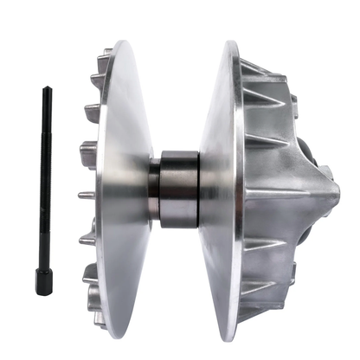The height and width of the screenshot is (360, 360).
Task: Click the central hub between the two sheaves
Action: (180, 189)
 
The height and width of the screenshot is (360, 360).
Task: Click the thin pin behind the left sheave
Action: (84, 196)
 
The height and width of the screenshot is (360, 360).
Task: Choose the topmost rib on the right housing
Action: (260, 65)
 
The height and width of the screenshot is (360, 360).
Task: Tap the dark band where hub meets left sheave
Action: (154, 189)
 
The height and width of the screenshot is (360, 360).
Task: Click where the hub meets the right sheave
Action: (203, 189)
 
